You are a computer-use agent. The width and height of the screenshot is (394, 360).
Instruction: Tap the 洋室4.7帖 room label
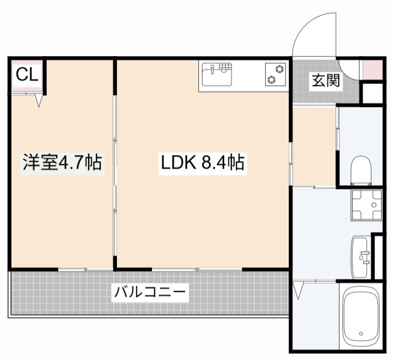tap(62, 162)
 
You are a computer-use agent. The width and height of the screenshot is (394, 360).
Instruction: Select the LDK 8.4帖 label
tap(203, 162)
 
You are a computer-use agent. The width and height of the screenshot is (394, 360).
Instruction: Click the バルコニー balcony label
tap(149, 290)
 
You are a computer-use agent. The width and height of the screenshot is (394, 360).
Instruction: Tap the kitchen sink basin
tap(215, 77)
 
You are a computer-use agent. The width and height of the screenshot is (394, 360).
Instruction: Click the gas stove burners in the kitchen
tap(275, 74)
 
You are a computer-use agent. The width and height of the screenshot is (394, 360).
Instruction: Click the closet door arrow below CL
tap(39, 100)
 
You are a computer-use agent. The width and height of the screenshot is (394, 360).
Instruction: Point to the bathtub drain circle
tap(364, 338)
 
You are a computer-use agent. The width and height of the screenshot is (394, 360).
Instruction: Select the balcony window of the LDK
tap(197, 268)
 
